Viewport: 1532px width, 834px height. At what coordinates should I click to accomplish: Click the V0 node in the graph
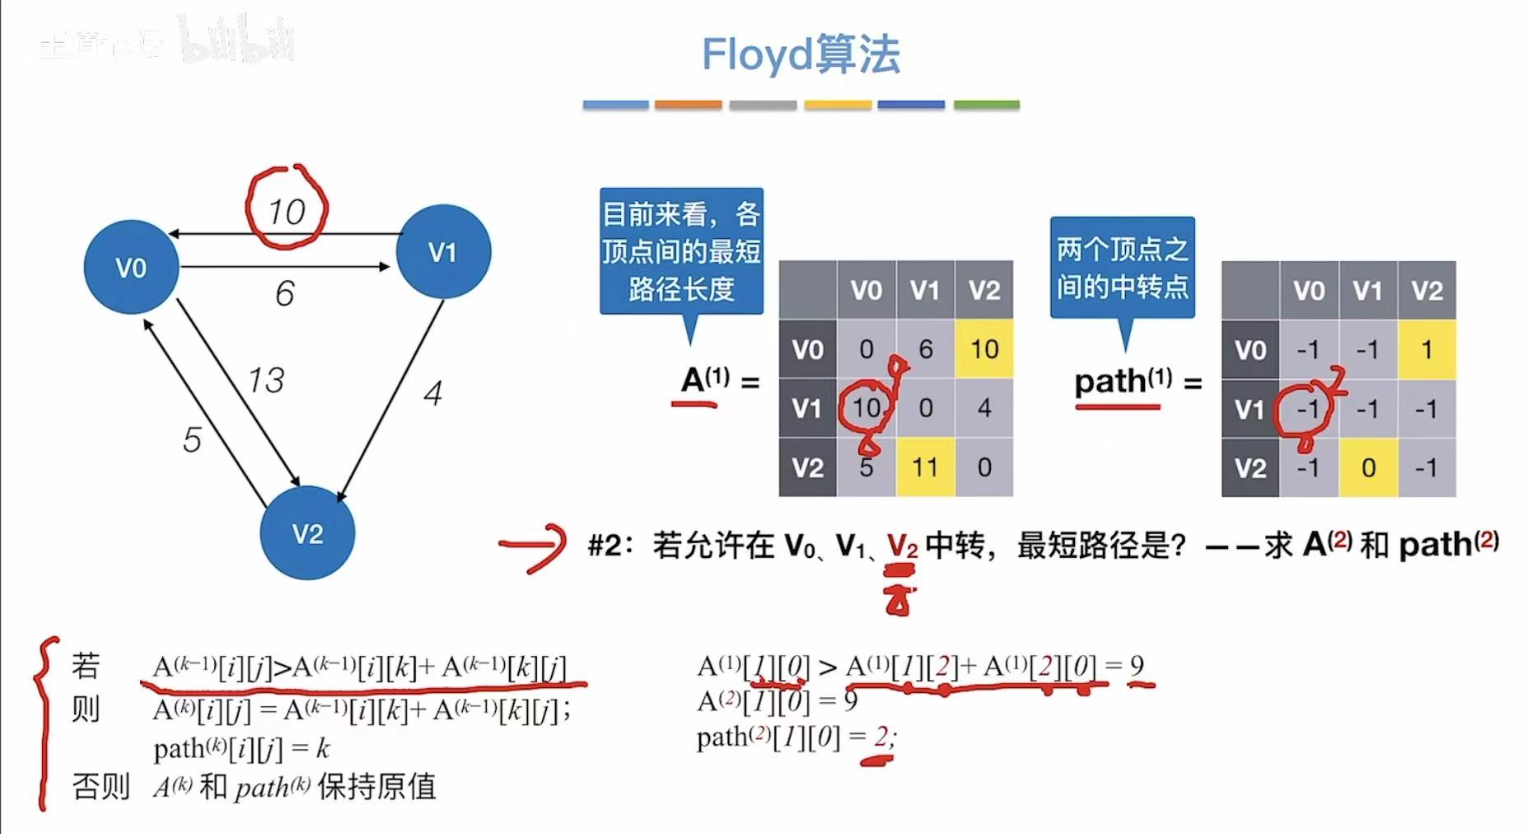(131, 267)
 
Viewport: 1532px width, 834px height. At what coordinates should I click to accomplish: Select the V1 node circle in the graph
(443, 251)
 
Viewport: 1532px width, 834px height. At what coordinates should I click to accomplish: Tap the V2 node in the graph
(307, 533)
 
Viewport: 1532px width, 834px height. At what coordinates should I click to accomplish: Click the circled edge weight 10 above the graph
(287, 211)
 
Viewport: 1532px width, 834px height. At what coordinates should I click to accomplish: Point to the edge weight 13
(266, 380)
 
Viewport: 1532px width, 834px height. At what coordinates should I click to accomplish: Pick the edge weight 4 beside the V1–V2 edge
(433, 392)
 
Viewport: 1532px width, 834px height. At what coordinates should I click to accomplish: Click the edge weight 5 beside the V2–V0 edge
(192, 439)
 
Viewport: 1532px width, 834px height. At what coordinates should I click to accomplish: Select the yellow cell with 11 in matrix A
(925, 467)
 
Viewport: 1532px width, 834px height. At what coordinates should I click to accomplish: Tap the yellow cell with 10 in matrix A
(984, 349)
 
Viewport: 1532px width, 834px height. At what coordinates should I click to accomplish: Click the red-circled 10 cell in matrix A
(866, 408)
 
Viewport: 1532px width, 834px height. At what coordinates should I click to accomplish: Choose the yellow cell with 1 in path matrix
(1427, 349)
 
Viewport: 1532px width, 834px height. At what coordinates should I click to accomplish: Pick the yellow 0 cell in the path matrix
(1368, 467)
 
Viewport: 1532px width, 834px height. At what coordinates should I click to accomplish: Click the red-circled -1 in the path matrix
(1308, 409)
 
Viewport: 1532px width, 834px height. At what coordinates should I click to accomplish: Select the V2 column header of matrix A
(984, 290)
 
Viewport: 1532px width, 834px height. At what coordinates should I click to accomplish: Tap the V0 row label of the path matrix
(1250, 349)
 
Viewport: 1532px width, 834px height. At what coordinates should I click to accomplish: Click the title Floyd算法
(801, 54)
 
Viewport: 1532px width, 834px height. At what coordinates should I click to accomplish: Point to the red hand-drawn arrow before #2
(533, 546)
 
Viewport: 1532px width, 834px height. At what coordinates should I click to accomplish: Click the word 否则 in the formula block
(100, 786)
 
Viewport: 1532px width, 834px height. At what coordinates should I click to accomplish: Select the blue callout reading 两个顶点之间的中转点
(1122, 267)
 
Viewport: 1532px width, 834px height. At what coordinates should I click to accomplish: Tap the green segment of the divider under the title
(986, 105)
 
